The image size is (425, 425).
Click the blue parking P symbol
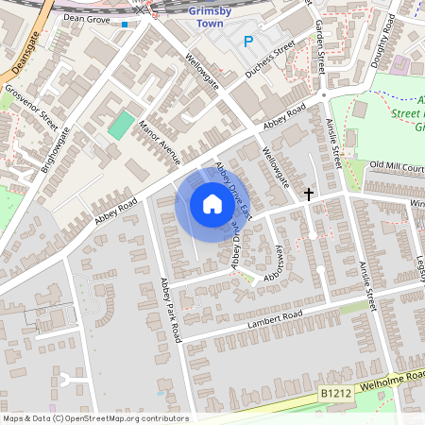[x=248, y=41]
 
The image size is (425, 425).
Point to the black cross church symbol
[x=308, y=194]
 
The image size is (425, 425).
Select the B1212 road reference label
[x=335, y=392]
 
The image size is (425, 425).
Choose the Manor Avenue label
[x=158, y=144]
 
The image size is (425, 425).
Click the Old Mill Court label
[x=397, y=166]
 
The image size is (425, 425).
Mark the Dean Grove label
[x=87, y=18]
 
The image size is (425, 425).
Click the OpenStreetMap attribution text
[x=94, y=418]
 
